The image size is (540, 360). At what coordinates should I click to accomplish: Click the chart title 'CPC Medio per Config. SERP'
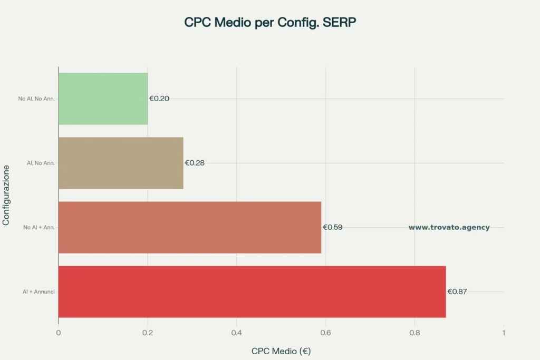[270, 23]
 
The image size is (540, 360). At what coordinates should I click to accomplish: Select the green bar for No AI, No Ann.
[103, 99]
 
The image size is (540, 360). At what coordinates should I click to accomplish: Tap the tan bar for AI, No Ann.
[121, 163]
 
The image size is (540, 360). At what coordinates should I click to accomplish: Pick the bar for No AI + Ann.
[190, 227]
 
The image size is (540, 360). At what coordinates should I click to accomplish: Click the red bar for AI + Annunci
[252, 291]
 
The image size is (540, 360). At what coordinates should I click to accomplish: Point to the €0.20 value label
[159, 99]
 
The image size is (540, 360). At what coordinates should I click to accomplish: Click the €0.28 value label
[195, 163]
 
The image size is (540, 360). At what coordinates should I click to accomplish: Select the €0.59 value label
[333, 227]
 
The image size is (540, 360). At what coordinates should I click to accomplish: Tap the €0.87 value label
[457, 291]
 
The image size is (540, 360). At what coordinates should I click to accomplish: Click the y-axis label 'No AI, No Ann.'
[36, 99]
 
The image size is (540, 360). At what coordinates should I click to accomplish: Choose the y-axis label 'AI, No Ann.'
[41, 163]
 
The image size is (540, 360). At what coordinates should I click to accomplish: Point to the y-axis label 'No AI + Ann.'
[39, 227]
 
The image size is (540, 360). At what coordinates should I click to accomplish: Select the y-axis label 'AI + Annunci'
[38, 291]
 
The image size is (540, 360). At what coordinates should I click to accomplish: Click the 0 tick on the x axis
[59, 333]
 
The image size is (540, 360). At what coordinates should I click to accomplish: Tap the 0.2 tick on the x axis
[148, 333]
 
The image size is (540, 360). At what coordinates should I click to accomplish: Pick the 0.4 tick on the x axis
[237, 333]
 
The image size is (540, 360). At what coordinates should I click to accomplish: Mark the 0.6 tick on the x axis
[325, 333]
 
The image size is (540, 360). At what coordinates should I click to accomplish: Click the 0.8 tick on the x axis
[414, 333]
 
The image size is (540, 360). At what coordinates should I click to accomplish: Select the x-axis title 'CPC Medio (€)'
[281, 351]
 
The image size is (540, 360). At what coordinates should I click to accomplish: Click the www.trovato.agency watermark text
[449, 228]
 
